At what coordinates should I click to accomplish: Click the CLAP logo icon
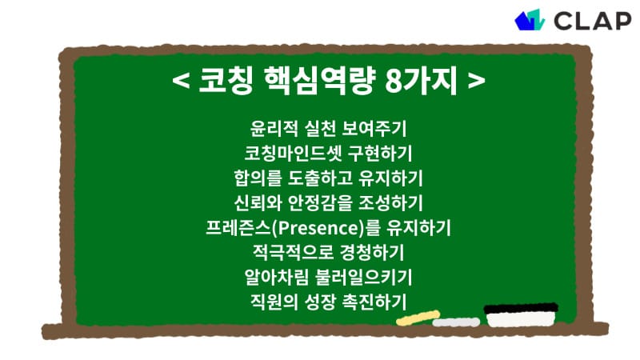(x=530, y=19)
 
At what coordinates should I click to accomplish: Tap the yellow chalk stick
(x=413, y=318)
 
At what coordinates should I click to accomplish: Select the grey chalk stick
(x=456, y=322)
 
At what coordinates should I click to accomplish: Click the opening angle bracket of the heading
(x=181, y=83)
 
